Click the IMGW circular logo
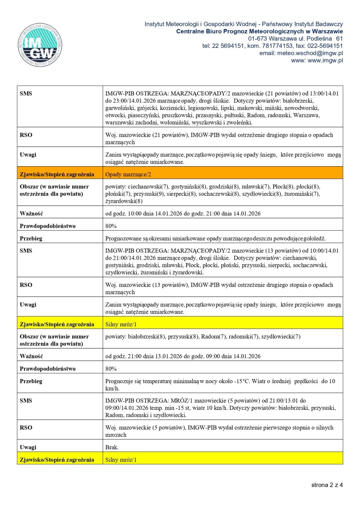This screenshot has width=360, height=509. click(x=40, y=45)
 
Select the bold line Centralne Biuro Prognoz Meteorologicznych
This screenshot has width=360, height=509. click(x=259, y=31)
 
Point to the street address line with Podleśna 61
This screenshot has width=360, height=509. click(x=295, y=38)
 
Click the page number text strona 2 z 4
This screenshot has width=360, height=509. click(x=327, y=485)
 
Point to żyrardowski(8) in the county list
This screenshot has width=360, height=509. click(x=124, y=201)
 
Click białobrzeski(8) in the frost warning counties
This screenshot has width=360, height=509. click(x=147, y=336)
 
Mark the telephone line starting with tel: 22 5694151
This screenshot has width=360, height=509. click(x=272, y=46)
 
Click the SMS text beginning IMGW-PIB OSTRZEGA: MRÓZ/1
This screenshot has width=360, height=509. click(x=220, y=408)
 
